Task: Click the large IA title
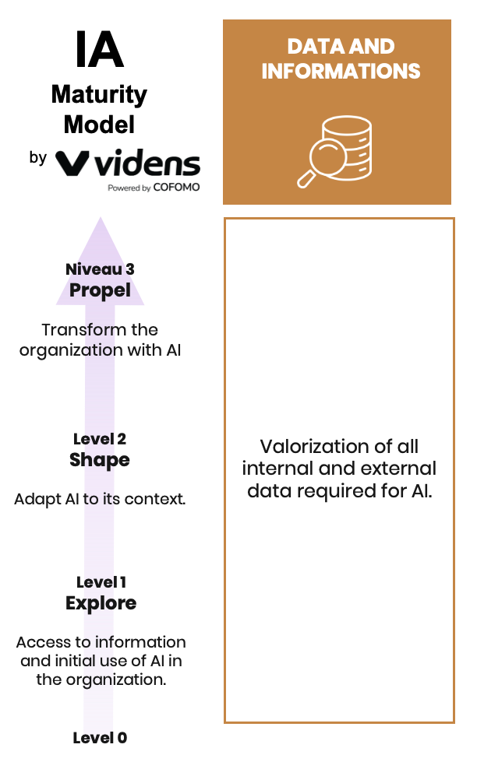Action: (x=100, y=50)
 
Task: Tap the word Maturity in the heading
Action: (x=99, y=95)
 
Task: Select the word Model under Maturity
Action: (x=99, y=124)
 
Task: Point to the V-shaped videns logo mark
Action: (x=71, y=163)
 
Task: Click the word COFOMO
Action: (x=177, y=188)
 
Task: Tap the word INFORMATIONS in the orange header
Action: (x=341, y=72)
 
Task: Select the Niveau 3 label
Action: (x=100, y=269)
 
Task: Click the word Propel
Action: (x=100, y=290)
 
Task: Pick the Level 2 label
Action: (x=100, y=439)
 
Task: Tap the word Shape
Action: (x=100, y=460)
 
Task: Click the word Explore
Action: (x=101, y=603)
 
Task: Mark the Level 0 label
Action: (x=100, y=738)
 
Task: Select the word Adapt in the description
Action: (x=35, y=499)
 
